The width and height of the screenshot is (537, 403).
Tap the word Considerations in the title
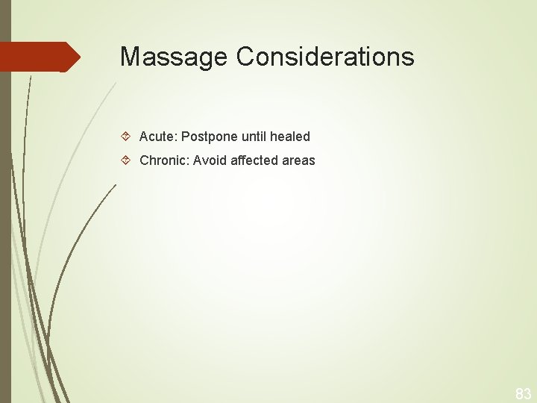[x=325, y=57]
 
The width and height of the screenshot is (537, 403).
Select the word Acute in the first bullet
[x=155, y=137]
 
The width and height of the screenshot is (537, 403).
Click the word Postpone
[x=209, y=137]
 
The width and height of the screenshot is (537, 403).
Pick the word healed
[x=291, y=137]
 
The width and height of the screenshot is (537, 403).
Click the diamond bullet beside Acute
[x=126, y=137]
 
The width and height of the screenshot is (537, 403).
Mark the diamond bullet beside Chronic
[x=126, y=160]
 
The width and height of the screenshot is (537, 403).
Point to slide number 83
[x=523, y=393]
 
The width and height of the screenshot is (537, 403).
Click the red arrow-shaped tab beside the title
[x=37, y=57]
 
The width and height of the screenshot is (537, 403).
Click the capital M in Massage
[x=129, y=57]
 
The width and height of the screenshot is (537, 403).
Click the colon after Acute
[x=174, y=137]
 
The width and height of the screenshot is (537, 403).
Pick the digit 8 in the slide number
[x=519, y=393]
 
